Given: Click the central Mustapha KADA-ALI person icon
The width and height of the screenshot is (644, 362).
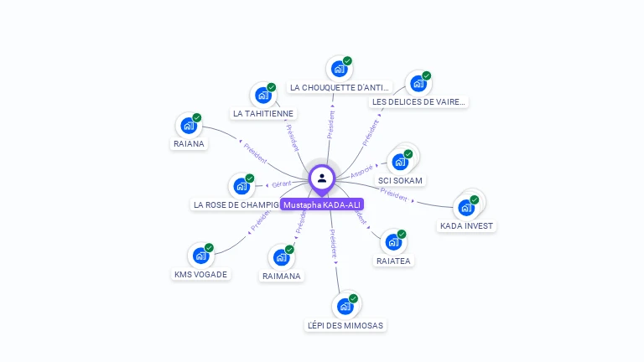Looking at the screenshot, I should [322, 178].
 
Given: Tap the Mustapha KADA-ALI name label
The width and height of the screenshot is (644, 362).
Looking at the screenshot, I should [323, 204].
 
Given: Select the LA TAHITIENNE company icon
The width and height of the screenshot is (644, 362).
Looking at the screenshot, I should [262, 95].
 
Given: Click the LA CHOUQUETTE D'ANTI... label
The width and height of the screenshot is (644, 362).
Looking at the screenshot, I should [340, 87].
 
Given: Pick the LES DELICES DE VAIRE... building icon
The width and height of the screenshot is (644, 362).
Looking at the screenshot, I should [417, 84].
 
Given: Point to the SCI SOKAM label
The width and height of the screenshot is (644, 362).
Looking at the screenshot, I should [401, 180].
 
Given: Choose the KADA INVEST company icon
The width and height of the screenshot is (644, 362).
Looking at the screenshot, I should [466, 207].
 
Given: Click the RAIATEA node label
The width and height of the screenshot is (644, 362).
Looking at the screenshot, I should [394, 261].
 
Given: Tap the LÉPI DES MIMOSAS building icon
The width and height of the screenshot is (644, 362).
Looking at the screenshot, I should [345, 306].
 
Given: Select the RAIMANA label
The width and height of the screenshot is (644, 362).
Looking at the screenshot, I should [282, 276].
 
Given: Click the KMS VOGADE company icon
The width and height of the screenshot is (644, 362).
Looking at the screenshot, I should [200, 256].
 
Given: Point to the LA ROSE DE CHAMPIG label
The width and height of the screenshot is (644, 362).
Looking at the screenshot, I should [236, 204].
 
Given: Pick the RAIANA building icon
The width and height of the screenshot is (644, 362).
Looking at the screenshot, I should [189, 126].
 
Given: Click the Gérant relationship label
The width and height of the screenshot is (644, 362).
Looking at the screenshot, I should [281, 184].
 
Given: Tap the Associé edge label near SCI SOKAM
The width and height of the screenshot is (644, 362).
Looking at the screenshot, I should [361, 171].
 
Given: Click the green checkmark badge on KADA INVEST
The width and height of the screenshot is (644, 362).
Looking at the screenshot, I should [475, 199].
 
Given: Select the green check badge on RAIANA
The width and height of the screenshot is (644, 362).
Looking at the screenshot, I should [197, 118].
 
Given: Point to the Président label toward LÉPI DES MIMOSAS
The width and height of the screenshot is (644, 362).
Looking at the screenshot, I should [334, 242].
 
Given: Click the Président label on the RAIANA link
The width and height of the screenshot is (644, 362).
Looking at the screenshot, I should [255, 153].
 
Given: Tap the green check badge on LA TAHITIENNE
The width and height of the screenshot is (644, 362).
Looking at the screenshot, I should [271, 87].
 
